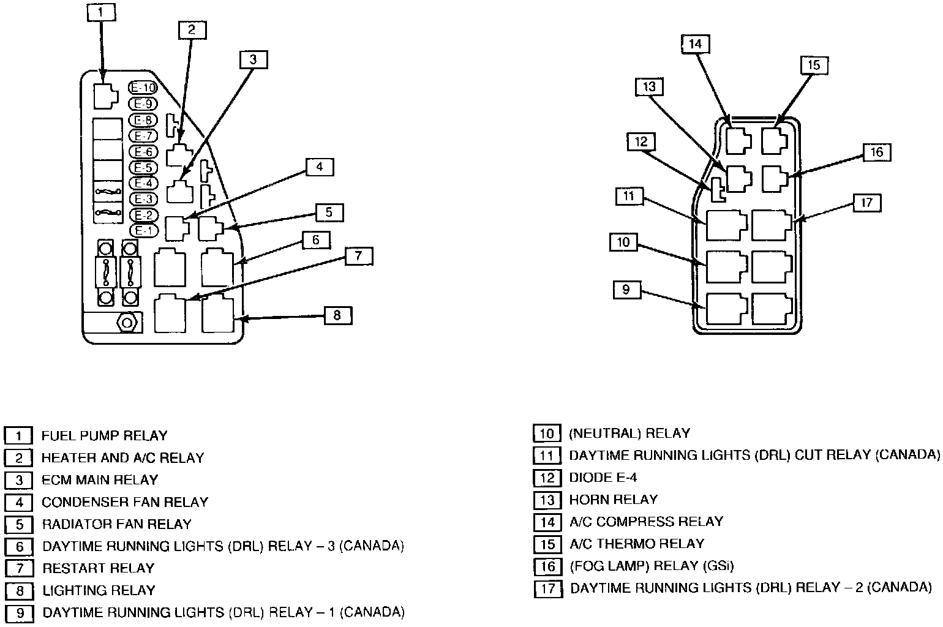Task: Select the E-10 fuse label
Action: click(143, 88)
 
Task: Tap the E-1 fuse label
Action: click(143, 231)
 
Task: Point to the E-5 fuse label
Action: click(143, 167)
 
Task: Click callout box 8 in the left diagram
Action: click(337, 316)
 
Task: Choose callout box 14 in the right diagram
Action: click(695, 44)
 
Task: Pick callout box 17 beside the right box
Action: click(866, 203)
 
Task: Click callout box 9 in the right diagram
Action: click(626, 289)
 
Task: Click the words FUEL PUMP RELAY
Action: click(104, 436)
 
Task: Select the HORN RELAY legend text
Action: click(613, 500)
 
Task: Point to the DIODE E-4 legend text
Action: click(603, 478)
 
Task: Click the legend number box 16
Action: click(547, 566)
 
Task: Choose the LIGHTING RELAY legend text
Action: click(99, 591)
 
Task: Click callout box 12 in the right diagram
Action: click(641, 142)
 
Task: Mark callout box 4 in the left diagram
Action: click(319, 167)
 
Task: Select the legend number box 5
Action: click(19, 525)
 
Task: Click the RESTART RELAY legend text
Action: click(98, 568)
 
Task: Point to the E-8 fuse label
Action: click(143, 120)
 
